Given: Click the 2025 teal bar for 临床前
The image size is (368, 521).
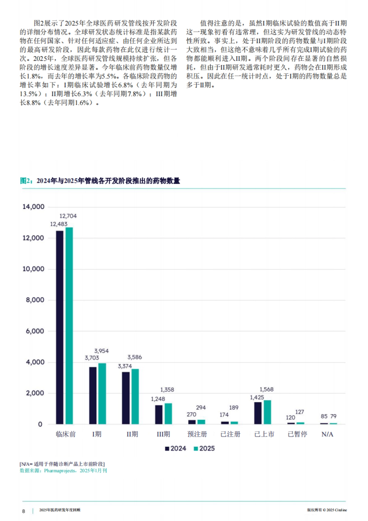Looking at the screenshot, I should coord(69,326).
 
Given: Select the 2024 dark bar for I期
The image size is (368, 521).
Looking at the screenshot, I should coord(93,396).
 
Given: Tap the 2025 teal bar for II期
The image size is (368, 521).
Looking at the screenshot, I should coord(135,396).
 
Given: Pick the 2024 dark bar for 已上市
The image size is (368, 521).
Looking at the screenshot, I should coord(258,413).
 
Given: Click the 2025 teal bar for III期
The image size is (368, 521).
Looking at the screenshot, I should coord(168,414).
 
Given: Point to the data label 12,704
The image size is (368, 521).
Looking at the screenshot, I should coord(68,216).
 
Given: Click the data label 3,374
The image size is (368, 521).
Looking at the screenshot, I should coord(125,366).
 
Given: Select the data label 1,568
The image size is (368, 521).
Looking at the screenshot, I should coord(266,389).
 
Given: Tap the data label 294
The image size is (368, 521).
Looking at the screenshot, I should coord(201,407).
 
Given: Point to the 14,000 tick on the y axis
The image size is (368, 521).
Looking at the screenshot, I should coord(33,207).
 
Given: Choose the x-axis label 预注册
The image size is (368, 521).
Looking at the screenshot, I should coord(197,434).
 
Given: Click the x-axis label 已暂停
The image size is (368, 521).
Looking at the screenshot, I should coord(297,434).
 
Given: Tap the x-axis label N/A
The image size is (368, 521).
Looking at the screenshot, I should coord(327,434).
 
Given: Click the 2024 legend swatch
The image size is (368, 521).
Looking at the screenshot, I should coord(167,449).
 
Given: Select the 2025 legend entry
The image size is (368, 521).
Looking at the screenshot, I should coord(204,449).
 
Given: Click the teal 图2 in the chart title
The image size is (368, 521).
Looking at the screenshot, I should coord(26,181).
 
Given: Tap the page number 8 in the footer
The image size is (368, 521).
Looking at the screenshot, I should coord(24,511).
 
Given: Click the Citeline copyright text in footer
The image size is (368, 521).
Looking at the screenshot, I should coord(327,510).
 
